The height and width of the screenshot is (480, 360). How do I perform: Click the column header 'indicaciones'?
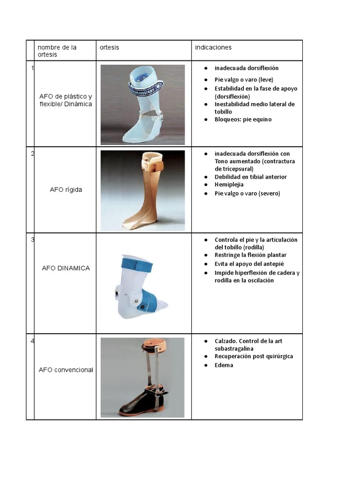214,47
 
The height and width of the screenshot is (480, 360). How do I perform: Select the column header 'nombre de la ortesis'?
57,51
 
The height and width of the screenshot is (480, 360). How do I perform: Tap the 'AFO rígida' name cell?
66,190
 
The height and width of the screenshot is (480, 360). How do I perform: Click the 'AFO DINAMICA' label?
66,268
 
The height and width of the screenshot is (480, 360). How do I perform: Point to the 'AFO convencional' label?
66,370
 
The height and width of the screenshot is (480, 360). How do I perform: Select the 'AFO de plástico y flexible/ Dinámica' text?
66,100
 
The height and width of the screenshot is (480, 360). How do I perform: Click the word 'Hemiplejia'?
229,185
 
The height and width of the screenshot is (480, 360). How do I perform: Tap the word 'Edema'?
224,365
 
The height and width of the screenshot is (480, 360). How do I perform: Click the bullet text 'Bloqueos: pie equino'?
243,120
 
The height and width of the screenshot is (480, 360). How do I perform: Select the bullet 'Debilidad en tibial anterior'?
250,177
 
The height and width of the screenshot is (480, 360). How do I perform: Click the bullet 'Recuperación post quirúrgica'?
254,356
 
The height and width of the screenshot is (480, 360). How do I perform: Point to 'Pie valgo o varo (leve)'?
244,80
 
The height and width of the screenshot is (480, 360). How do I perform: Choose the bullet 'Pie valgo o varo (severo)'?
247,193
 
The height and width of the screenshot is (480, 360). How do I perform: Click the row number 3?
32,240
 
